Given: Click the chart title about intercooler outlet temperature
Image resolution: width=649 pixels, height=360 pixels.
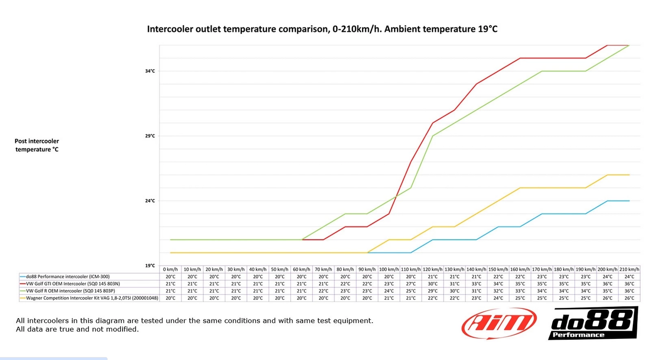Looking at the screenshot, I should coord(322,30).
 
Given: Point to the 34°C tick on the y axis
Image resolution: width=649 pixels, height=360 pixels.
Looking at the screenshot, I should coord(150,71).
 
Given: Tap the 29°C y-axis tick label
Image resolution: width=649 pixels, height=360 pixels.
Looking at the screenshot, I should coord(150,136).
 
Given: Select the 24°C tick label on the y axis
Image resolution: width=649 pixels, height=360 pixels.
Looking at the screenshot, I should coord(150,201).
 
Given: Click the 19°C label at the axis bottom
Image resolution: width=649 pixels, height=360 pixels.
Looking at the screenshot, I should coord(150,266).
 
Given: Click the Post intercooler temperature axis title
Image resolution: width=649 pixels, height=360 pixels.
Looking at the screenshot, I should coord(37,145).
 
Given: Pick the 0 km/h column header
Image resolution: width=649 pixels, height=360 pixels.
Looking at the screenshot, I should coord(170,269).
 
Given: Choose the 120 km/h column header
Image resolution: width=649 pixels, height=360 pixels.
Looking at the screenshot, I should coord(433,269).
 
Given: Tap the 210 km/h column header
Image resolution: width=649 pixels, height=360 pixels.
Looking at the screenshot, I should coord(629,269).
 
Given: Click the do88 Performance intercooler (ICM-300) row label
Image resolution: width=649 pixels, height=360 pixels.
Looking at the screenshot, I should coord(67,276).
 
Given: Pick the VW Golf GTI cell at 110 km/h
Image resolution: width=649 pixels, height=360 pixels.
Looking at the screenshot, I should coord(411,284).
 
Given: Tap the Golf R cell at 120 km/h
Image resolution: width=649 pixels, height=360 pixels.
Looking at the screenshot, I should coord(433,291).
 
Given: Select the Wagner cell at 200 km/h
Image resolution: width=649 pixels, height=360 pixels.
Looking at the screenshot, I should coord(607,298).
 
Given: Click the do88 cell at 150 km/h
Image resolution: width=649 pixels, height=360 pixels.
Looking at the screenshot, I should coord(498,276).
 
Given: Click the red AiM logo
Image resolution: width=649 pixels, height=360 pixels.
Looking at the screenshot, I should coord(499,323).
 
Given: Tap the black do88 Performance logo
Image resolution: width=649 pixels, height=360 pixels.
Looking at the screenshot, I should coord(592,323).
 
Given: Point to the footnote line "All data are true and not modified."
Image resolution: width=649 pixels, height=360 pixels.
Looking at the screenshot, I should coord(77,329).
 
